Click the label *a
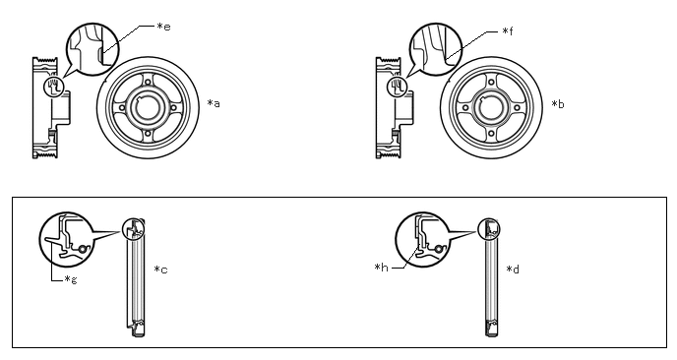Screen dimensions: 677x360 [x=214, y=103]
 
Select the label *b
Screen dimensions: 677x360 [x=558, y=104]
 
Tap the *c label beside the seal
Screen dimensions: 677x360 [x=160, y=270]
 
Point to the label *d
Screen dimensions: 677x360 [x=513, y=270]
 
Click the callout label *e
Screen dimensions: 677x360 [x=163, y=27]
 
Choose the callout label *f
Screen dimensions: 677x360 [x=508, y=31]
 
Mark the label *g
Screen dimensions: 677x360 [x=71, y=279]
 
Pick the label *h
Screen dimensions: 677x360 [x=382, y=268]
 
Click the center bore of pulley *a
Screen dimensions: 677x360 [x=148, y=107]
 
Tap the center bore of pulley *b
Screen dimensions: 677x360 [x=491, y=108]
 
